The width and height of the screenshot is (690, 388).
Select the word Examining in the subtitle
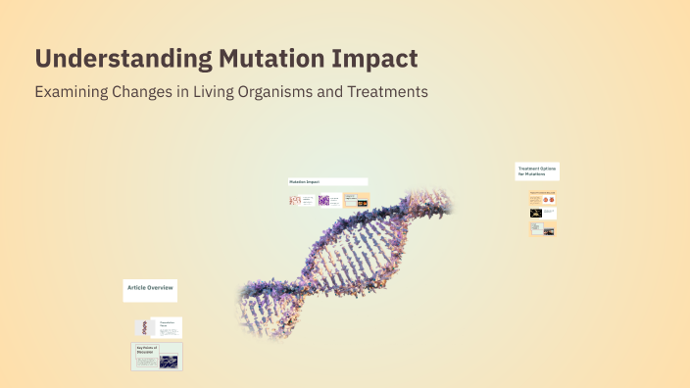click(72, 92)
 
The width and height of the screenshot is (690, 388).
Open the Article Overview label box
click(150, 288)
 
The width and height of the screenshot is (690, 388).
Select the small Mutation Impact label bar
click(327, 181)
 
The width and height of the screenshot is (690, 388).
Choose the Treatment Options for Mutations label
click(537, 171)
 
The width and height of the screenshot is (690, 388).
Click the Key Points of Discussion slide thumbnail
click(157, 357)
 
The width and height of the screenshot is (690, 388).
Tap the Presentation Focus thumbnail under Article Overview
click(158, 327)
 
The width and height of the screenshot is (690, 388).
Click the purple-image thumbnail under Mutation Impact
click(327, 201)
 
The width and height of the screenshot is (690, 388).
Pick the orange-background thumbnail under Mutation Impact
click(356, 201)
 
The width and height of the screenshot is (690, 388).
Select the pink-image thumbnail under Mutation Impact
click(301, 201)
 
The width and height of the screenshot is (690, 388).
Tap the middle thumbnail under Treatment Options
click(543, 213)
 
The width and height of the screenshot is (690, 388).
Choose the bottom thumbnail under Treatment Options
click(543, 229)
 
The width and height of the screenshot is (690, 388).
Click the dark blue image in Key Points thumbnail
click(169, 361)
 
